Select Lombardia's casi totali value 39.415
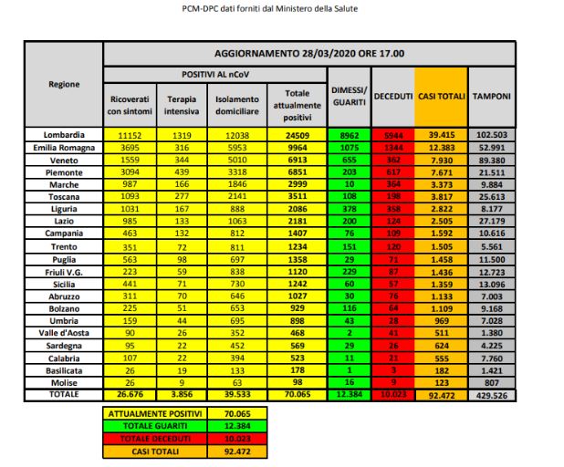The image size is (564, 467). (441, 134)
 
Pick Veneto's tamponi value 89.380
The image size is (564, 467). (492, 159)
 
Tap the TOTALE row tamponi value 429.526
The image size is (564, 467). (492, 395)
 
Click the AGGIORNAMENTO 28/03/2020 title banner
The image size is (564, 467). (309, 54)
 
